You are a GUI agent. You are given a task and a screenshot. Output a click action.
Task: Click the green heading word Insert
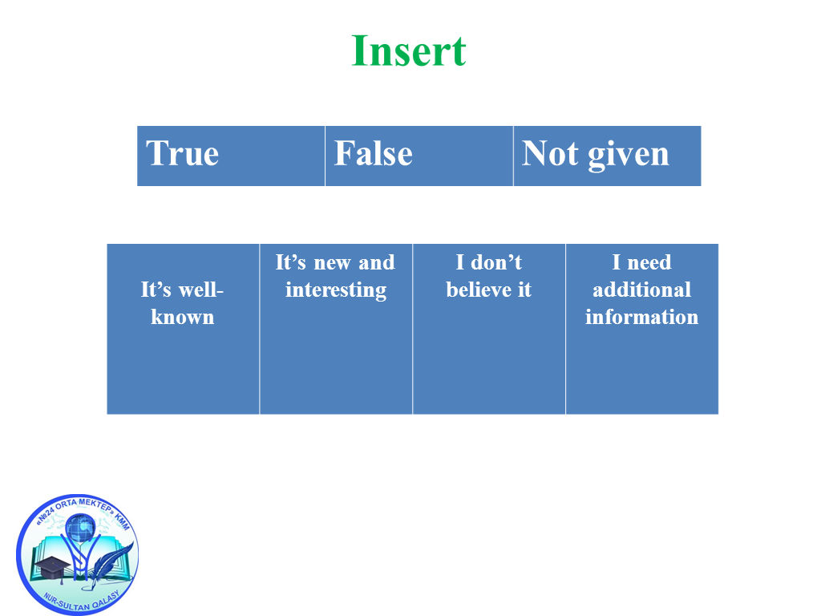click(409, 51)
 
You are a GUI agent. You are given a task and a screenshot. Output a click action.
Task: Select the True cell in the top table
click(231, 156)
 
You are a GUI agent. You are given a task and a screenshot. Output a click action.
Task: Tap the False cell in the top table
click(419, 156)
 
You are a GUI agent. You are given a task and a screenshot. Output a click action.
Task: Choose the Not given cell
click(608, 156)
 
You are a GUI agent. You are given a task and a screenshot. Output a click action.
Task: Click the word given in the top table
click(629, 155)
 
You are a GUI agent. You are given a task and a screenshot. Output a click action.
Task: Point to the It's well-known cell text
click(182, 303)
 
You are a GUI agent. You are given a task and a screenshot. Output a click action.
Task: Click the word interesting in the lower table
click(336, 290)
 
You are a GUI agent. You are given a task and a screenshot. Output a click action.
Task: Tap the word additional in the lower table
click(642, 289)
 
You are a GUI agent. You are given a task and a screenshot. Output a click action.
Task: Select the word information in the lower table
click(642, 316)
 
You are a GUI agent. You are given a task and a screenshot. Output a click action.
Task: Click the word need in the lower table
click(649, 262)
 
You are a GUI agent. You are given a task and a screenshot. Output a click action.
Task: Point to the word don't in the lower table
click(496, 262)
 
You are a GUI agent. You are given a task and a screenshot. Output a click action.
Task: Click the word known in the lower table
click(183, 317)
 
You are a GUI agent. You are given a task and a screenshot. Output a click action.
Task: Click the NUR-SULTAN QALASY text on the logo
click(81, 602)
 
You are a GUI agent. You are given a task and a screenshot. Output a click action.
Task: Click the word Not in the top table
click(550, 153)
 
